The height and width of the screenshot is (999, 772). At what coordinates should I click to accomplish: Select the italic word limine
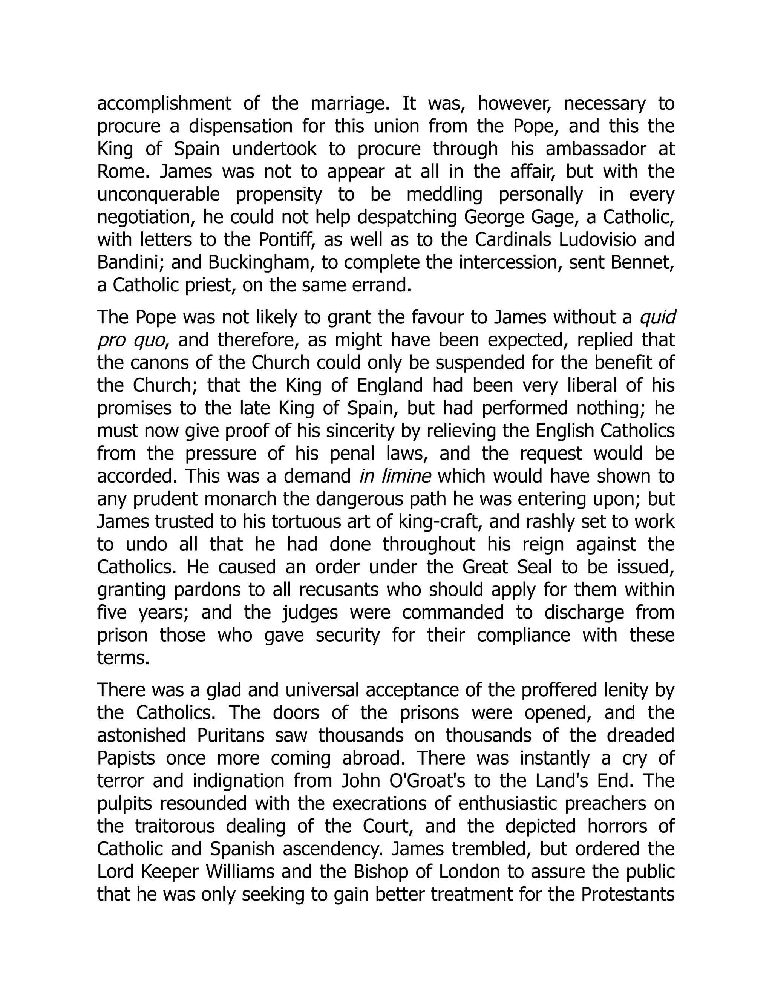pos(406,476)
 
